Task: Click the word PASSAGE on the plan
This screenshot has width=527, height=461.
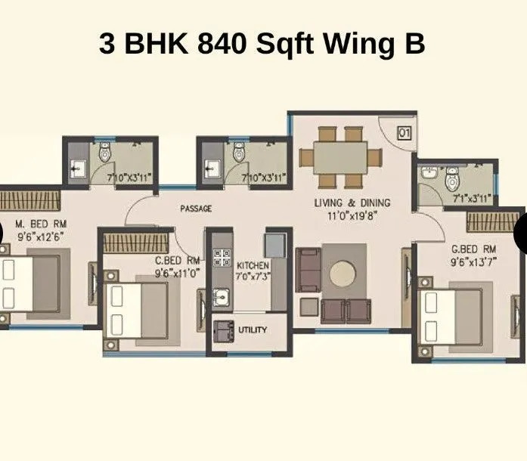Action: coord(196,208)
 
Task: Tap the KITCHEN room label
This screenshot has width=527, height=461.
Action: coord(253,266)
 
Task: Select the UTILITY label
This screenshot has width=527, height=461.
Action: coord(252,330)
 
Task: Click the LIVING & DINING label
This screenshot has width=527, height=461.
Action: coord(352,203)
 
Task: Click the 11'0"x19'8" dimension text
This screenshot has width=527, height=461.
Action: coord(352,215)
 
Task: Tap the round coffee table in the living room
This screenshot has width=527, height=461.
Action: coord(341,273)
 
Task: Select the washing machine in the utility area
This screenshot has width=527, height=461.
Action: coord(223,330)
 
